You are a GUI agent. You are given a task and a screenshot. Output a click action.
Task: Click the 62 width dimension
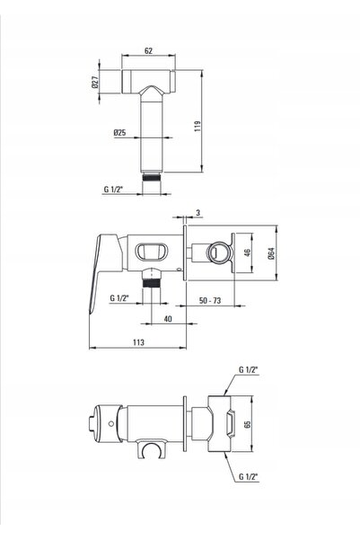point(148,50)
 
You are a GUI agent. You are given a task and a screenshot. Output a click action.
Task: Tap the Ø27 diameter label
point(95,82)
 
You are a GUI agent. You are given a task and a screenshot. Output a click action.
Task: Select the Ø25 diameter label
point(119,132)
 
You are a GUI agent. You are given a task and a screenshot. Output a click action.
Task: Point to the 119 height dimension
point(198,127)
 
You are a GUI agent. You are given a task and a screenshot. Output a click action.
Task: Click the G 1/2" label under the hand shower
point(113,189)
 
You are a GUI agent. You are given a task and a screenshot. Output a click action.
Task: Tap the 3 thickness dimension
point(198,213)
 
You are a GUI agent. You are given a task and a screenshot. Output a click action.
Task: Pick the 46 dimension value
point(247,252)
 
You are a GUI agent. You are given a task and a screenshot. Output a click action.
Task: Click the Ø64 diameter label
point(271,253)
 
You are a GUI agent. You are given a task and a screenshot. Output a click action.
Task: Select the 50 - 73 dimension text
point(210,301)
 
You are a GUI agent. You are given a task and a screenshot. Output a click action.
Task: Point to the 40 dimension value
point(168,319)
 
